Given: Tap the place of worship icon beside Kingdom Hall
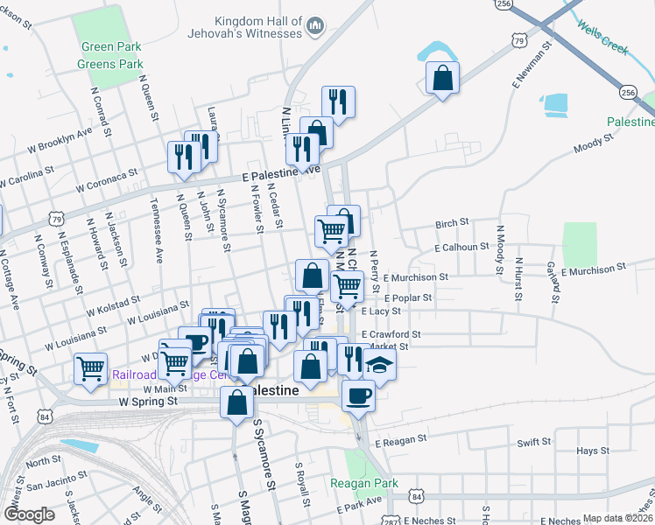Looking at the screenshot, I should pyautogui.click(x=314, y=31).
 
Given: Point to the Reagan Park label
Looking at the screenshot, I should pyautogui.click(x=364, y=483).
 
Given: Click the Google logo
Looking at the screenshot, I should pyautogui.click(x=29, y=514).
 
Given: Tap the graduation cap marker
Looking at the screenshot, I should pyautogui.click(x=380, y=364).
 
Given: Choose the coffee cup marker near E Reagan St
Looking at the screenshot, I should pyautogui.click(x=357, y=395).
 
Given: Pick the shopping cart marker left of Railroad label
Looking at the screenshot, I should pyautogui.click(x=90, y=368).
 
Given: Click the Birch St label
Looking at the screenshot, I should pyautogui.click(x=454, y=224).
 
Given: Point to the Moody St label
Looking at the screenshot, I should pyautogui.click(x=592, y=146).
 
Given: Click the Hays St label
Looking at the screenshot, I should pyautogui.click(x=593, y=451).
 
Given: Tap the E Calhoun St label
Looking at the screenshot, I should pyautogui.click(x=461, y=248).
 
